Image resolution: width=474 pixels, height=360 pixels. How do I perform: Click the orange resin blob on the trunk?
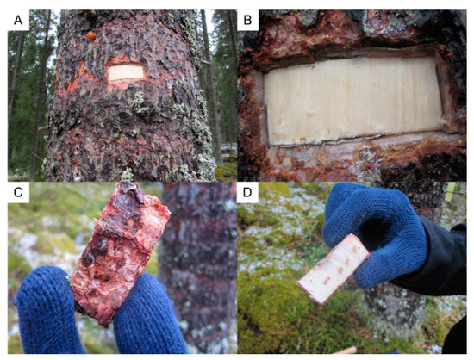click(90, 36)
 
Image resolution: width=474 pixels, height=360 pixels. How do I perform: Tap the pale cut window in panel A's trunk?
click(126, 73)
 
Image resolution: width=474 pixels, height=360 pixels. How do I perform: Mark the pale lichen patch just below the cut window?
click(138, 102)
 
